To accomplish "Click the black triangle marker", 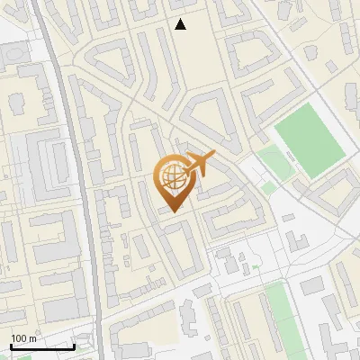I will [x=181, y=24].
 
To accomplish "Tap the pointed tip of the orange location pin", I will [x=172, y=211].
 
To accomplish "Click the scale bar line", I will [x=42, y=346].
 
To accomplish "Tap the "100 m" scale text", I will [x=23, y=338].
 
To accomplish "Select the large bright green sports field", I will [x=309, y=140].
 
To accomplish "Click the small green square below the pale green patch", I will [x=268, y=187].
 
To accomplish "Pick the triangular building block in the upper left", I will [x=107, y=65].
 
